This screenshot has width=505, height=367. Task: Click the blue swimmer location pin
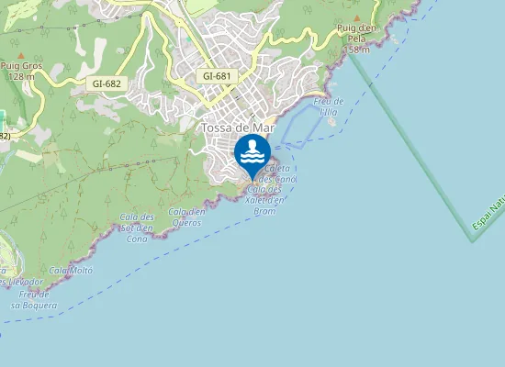pos(252,154)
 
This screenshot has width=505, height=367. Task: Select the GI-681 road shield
pos(216,76)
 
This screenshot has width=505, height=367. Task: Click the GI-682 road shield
pos(107,83)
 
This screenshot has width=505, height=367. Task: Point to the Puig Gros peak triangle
pos(21,56)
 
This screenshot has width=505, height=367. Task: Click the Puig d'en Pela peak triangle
pos(357,18)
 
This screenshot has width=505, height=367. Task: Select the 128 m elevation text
pos(21,76)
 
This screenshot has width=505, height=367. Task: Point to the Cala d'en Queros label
pos(186,217)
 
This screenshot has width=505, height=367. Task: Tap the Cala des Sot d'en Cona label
pos(137,227)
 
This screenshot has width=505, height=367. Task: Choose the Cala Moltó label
pos(72,271)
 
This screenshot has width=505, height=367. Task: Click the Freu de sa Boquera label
pos(34,300)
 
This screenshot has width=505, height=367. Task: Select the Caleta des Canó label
pos(278,173)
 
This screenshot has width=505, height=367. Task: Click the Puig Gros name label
pos(21,66)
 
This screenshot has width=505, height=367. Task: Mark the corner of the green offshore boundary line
pos(472,241)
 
